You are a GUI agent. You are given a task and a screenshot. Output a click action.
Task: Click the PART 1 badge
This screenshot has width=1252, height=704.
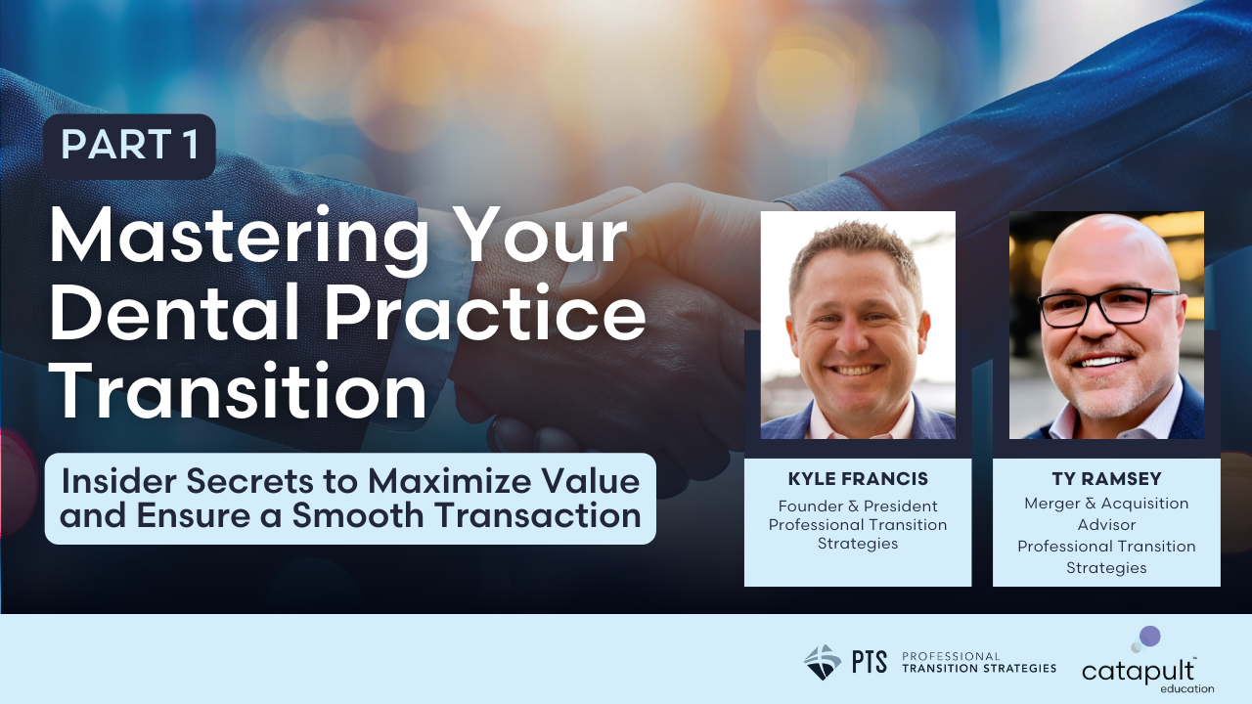click(129, 146)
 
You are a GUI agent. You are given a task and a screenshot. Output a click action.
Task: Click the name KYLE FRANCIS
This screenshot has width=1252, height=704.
click(858, 479)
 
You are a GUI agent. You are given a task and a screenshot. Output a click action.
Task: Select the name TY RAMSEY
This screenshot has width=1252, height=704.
click(1106, 479)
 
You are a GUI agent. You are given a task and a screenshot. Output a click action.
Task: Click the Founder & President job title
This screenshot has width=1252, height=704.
click(858, 506)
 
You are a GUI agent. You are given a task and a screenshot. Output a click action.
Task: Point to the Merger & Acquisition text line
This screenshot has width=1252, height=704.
click(1106, 504)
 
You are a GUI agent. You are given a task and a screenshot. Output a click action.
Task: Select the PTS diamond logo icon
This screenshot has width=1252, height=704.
click(822, 662)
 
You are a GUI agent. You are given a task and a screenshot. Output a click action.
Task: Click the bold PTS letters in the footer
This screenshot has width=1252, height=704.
click(869, 662)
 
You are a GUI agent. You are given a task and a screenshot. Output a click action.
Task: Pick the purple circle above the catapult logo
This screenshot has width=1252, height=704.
click(1150, 637)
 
